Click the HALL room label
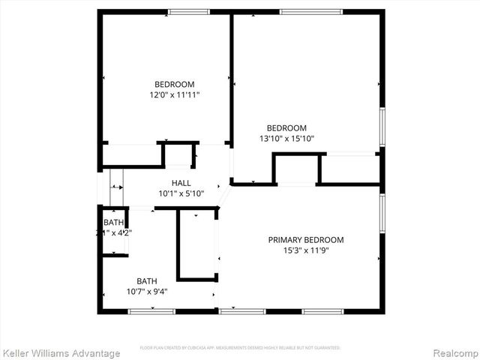[x=181, y=183]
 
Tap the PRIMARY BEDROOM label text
[x=306, y=240]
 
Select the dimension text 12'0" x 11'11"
[x=174, y=95]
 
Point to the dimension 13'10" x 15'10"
[x=286, y=139]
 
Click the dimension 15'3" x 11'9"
[x=306, y=250]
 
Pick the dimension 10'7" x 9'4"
[x=147, y=292]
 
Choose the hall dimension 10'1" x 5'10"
[x=181, y=193]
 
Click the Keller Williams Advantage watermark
[x=61, y=353]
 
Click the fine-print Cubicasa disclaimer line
[x=240, y=348]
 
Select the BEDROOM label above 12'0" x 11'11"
[x=174, y=84]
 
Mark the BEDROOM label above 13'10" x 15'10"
[x=286, y=127]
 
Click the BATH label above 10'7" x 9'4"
[x=147, y=281]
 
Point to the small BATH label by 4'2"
[x=113, y=223]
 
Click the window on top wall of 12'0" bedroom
[x=188, y=11]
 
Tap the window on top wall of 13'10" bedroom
[x=310, y=11]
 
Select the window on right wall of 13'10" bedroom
[x=382, y=127]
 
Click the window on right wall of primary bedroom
[x=382, y=214]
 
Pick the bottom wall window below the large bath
[x=141, y=311]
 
